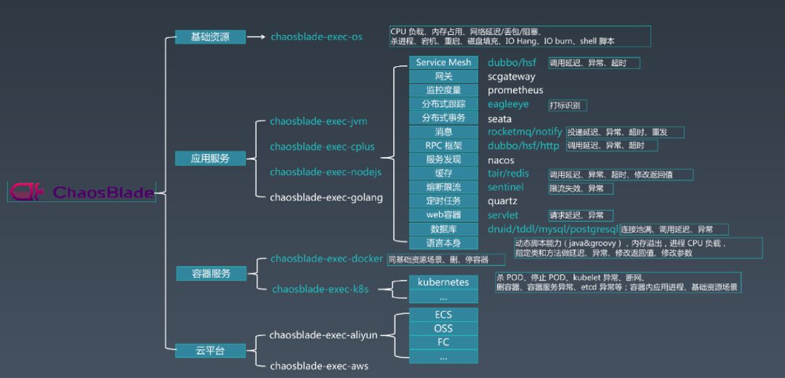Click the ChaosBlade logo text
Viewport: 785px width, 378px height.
click(103, 193)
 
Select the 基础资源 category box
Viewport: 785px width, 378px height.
click(210, 36)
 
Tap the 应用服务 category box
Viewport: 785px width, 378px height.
click(210, 158)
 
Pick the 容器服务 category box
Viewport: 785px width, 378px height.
click(210, 273)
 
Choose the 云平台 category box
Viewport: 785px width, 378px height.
click(210, 350)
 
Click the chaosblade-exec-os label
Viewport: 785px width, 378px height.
click(316, 36)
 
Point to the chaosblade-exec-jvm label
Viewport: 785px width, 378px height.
click(318, 121)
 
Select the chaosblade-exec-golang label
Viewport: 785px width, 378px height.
click(326, 197)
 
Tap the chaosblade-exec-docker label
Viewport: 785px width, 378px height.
click(326, 259)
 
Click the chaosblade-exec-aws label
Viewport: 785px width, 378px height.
click(319, 366)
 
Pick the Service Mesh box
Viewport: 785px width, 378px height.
click(443, 63)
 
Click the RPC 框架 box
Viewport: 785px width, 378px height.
click(443, 145)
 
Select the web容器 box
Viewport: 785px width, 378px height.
click(443, 214)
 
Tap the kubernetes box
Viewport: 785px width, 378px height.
click(443, 282)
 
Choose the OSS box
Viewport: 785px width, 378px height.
click(443, 329)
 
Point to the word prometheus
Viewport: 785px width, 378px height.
click(515, 90)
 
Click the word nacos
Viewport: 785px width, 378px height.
click(501, 160)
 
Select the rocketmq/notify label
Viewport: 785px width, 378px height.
click(525, 132)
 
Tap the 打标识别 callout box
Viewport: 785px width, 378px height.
click(565, 105)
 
